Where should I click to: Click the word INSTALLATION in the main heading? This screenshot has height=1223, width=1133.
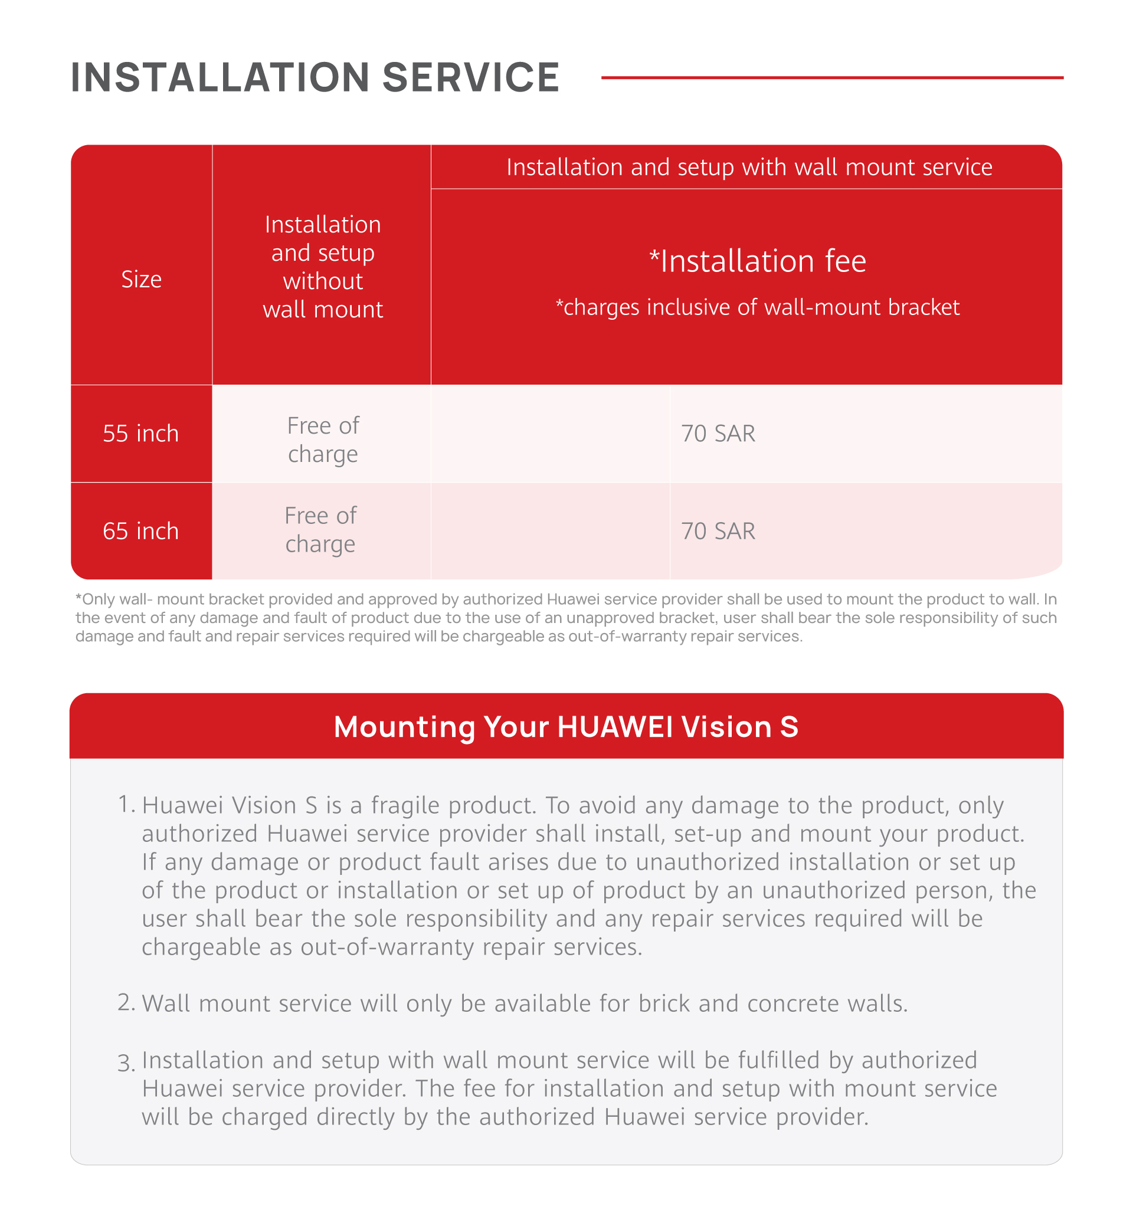pos(220,78)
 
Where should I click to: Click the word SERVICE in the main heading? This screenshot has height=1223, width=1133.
pos(470,78)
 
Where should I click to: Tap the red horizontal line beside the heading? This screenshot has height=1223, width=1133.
pos(831,78)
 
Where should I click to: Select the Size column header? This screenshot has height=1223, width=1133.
pos(141,280)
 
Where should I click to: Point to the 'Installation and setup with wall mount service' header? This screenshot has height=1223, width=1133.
pos(749,168)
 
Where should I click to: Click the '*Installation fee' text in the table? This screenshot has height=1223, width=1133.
pos(757,261)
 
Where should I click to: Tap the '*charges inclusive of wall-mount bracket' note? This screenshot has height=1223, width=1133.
pos(757,307)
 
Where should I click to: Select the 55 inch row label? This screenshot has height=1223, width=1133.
pos(141,434)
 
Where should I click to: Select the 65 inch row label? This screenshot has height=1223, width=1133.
pos(141,531)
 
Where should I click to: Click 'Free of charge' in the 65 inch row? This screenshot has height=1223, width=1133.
pos(320,530)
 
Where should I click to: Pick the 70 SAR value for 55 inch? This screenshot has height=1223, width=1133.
pos(718,434)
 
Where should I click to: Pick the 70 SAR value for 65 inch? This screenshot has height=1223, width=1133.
pos(718,531)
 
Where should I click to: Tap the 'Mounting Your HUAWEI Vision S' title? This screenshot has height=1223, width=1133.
pos(566,727)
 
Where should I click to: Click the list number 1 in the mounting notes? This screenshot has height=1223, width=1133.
pos(125,804)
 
